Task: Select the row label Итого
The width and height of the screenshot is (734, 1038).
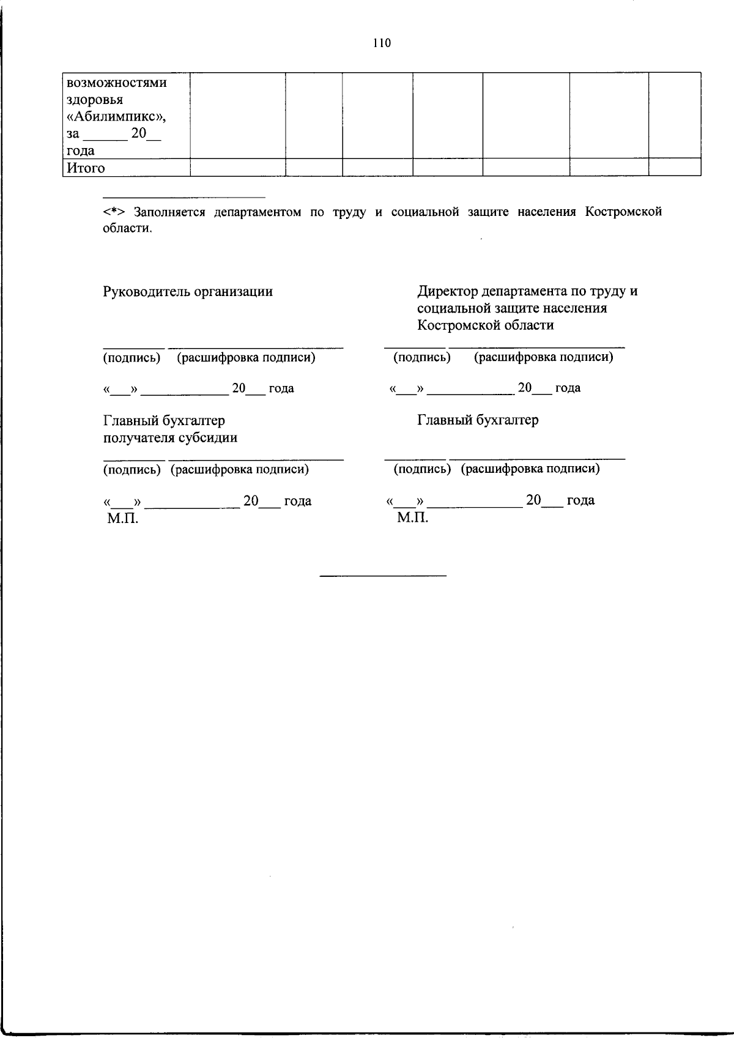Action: [x=86, y=168]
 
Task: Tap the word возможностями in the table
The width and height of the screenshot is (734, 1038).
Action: [x=116, y=83]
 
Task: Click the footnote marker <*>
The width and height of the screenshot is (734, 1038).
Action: [x=114, y=212]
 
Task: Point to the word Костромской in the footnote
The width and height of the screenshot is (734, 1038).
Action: [x=623, y=212]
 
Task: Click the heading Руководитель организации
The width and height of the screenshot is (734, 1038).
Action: [x=188, y=291]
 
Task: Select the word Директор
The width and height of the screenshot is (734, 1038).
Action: [x=448, y=291]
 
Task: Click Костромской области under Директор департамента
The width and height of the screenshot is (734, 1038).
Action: [x=486, y=325]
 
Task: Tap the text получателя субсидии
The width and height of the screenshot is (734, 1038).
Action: [x=170, y=438]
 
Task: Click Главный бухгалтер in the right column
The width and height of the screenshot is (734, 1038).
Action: [x=478, y=420]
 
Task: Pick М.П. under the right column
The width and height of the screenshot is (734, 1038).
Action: [x=412, y=519]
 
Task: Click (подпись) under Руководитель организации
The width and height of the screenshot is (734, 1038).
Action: [x=132, y=358]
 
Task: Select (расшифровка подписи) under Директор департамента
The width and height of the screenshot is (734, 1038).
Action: [x=543, y=357]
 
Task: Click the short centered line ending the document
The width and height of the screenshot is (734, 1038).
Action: [x=384, y=576]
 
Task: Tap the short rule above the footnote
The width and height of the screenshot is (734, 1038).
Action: [x=183, y=198]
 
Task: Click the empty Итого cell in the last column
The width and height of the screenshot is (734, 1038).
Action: [x=674, y=168]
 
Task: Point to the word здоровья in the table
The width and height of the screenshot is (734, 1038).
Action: [x=95, y=100]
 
